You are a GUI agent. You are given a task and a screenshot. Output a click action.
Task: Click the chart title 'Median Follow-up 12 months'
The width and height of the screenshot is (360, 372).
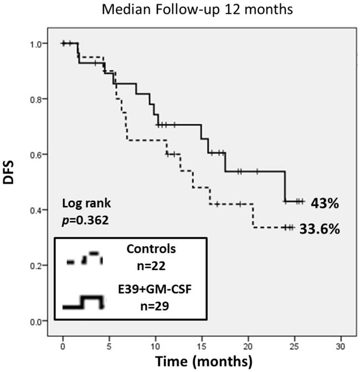point(197,10)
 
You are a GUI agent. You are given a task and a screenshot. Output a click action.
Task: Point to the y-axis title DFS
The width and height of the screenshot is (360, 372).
point(8,172)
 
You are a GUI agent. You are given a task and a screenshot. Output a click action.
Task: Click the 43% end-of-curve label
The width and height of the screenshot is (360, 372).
point(325,203)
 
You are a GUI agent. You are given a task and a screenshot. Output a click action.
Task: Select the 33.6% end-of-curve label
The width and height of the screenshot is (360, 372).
point(320,229)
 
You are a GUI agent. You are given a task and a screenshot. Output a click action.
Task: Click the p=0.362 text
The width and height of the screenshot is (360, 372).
point(85,221)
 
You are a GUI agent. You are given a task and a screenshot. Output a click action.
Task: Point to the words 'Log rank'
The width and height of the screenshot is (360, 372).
point(86,203)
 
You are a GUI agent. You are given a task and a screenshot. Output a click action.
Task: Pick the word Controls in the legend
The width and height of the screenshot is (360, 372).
point(151,249)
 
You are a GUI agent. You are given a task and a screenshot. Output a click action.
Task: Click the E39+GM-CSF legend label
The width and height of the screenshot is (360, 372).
point(155,289)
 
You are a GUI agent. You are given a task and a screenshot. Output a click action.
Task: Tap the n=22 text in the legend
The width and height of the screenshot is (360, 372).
point(151,266)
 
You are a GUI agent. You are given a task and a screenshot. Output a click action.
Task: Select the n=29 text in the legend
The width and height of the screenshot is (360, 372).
point(155,306)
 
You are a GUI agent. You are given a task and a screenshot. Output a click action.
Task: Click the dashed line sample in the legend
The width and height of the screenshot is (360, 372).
point(85,258)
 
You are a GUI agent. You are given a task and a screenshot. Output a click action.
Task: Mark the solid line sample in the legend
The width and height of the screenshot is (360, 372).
point(83,303)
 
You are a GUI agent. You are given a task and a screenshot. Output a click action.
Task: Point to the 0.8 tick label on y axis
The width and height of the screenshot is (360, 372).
point(35,99)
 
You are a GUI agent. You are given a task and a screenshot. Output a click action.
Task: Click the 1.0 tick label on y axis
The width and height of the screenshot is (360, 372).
point(35,44)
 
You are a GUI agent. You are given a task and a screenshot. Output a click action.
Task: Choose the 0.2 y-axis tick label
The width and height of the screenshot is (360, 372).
point(35,266)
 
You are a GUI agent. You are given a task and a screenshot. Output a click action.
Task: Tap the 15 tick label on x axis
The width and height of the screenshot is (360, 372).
point(202,346)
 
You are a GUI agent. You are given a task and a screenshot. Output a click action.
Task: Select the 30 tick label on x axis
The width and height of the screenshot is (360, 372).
point(340,346)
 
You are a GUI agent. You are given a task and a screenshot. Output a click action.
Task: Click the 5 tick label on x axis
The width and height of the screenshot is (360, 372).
point(109,346)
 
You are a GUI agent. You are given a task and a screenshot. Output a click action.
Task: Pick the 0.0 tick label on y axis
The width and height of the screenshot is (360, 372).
point(35,322)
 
